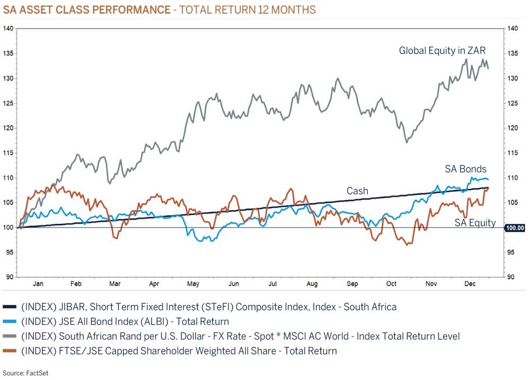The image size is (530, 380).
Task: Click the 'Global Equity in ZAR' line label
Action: (442, 51)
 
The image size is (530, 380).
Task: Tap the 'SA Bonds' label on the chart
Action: (465, 169)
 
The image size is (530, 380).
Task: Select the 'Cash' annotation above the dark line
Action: (357, 191)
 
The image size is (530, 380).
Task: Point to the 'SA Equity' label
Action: (475, 223)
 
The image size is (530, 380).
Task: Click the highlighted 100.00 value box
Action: (514, 228)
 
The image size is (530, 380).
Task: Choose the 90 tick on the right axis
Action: (511, 277)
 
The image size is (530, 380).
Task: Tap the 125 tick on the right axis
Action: (513, 103)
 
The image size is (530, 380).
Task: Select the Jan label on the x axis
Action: (38, 284)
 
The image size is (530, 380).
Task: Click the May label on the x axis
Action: (193, 284)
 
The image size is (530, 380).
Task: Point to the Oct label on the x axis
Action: (391, 284)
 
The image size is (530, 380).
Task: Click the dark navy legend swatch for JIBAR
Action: (10, 307)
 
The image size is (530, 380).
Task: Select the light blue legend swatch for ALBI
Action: (10, 322)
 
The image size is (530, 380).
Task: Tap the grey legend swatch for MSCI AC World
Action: (10, 337)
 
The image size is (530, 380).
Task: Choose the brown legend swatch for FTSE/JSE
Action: (10, 351)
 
